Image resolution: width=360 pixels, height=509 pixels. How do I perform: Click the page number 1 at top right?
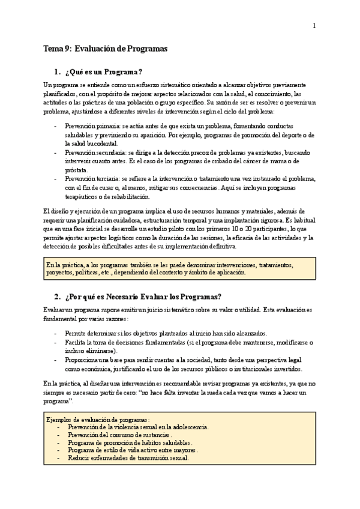[x=314, y=25]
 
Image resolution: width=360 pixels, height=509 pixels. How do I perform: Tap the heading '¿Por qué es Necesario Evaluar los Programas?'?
[x=143, y=297]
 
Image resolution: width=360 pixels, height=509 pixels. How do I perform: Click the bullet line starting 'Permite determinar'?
[x=166, y=334]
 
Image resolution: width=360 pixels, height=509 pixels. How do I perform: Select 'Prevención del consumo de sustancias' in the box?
[x=120, y=435]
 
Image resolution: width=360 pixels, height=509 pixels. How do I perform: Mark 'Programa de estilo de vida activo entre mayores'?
[x=133, y=450]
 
